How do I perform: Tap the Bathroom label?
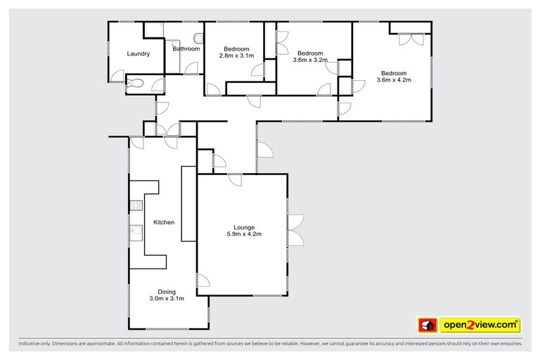coord(186,49)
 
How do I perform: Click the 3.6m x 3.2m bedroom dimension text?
coord(309,60)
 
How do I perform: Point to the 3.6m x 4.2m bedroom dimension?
coord(394,80)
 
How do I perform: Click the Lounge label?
coord(244,227)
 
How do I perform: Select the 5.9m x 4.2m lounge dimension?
coord(244,234)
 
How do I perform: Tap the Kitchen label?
coord(164,222)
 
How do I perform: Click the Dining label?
coord(167,291)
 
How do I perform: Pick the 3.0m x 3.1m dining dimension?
coord(167,298)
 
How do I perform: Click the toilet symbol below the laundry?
coord(137,85)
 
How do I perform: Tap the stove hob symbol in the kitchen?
coord(136,206)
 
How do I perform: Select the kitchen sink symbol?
coord(136,230)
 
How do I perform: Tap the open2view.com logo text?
coord(480,325)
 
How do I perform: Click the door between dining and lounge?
coord(203,283)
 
